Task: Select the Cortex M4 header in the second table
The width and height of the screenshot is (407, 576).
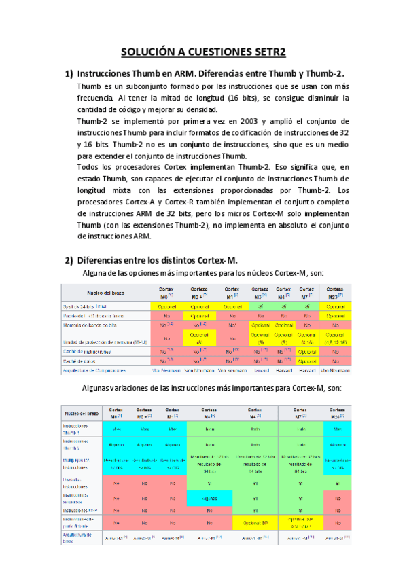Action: pos(255,414)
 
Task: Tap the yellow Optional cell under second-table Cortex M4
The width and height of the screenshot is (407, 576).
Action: pos(255,523)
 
